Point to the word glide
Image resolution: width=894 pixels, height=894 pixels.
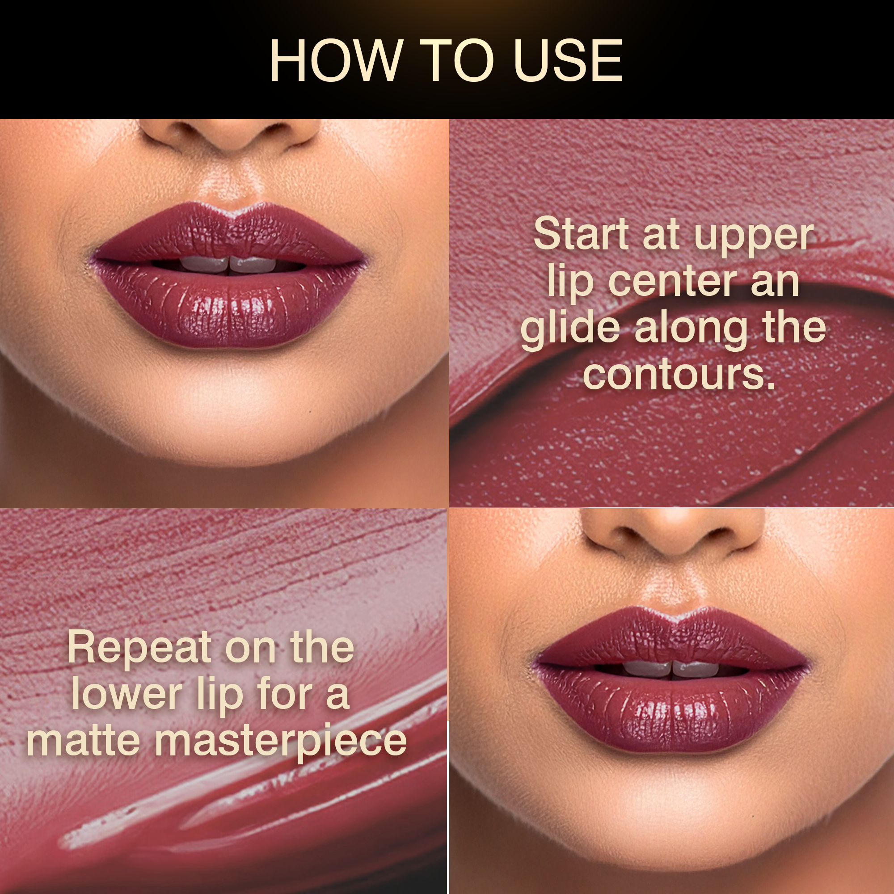(x=570, y=329)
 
